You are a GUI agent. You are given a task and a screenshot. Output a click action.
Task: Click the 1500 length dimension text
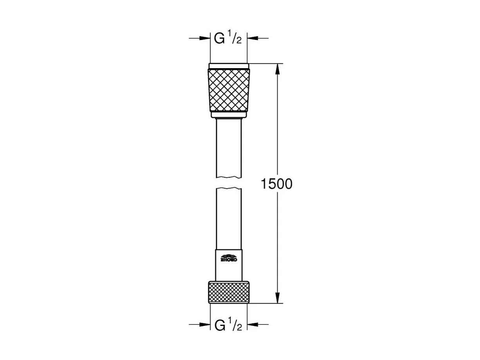(276, 183)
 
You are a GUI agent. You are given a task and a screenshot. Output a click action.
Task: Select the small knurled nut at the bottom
(229, 292)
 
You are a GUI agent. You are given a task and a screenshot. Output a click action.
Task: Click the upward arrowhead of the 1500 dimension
(278, 69)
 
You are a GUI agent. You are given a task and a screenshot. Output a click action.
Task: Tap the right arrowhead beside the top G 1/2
(253, 38)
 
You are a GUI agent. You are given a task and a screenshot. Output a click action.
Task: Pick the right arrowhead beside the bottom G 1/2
(253, 324)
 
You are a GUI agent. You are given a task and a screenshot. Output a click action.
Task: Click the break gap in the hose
(229, 182)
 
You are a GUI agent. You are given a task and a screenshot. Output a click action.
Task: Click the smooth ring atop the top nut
(229, 66)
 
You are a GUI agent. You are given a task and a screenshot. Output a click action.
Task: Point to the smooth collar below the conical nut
(229, 115)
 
